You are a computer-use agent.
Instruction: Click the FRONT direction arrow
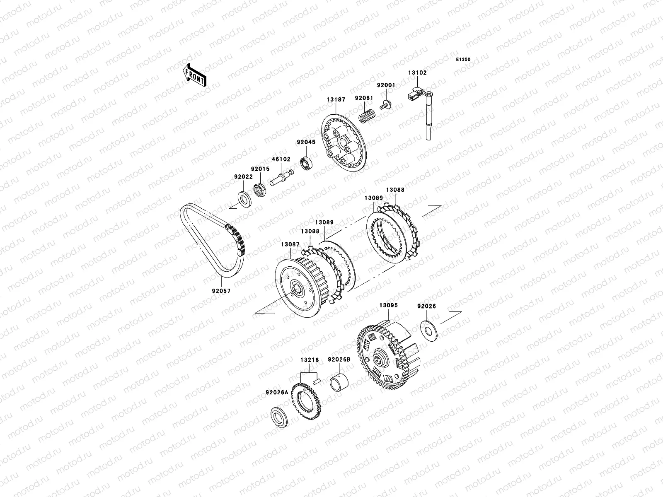[194, 75]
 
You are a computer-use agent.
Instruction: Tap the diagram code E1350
[463, 60]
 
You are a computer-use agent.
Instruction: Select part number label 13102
[417, 73]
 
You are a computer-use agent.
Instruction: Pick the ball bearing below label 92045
[306, 163]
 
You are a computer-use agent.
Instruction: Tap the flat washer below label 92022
[244, 199]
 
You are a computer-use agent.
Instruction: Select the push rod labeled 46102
[281, 178]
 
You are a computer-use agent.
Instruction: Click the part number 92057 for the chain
[221, 291]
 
